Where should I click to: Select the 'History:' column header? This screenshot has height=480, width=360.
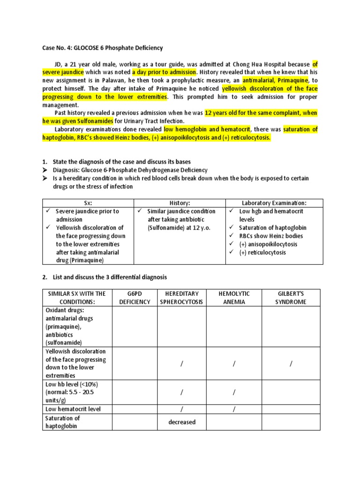click(180, 203)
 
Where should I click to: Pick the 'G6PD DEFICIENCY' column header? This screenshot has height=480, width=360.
click(135, 298)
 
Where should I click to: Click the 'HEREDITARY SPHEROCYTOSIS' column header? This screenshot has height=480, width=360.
click(182, 298)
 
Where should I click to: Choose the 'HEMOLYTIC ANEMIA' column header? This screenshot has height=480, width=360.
click(234, 298)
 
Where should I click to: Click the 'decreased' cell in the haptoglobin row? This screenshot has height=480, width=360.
click(182, 422)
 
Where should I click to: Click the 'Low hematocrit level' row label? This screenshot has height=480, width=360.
click(73, 409)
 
